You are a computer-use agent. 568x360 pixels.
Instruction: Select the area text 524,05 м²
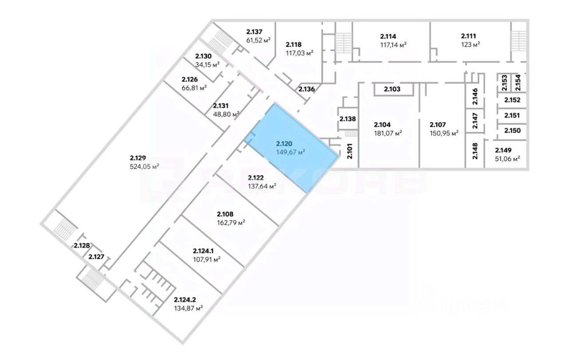tap(144, 166)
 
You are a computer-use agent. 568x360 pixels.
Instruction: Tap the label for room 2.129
tap(138, 158)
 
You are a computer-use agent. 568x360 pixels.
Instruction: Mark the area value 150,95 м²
tap(444, 133)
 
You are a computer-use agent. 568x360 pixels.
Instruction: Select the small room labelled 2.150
tap(512, 131)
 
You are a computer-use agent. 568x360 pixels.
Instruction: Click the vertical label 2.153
tap(504, 83)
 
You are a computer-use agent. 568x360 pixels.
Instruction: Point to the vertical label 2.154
tap(518, 83)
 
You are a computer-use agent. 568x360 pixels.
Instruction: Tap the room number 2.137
tap(255, 32)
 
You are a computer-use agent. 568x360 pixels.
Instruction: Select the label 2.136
tap(306, 89)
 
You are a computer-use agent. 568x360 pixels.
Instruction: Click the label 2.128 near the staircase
tap(82, 245)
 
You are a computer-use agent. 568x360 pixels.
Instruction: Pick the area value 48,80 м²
tap(226, 114)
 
